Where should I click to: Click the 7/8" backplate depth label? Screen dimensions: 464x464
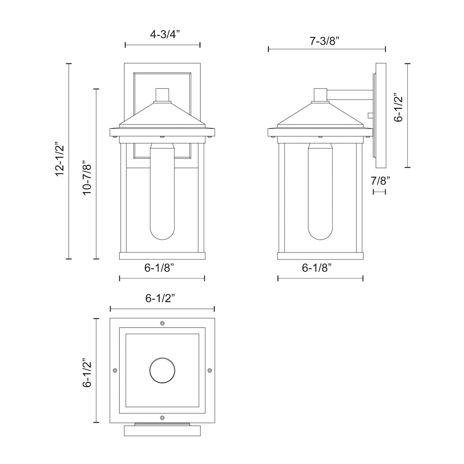pos(379,180)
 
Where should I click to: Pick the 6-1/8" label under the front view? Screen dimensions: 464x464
pos(162,268)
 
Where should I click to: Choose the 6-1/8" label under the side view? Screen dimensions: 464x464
pos(320,268)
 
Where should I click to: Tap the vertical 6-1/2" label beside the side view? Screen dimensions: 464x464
pos(398,107)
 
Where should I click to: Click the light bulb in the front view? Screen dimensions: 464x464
pos(162,197)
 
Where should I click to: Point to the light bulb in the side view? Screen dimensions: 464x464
pos(320,197)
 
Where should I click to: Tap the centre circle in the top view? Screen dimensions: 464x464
pos(162,370)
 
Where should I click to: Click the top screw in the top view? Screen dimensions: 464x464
pos(162,323)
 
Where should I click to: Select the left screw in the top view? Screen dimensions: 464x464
pos(114,370)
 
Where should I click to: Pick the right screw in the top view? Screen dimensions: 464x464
pos(210,370)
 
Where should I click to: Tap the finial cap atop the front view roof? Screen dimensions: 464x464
pos(162,95)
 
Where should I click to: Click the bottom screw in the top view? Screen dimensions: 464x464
pos(162,418)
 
